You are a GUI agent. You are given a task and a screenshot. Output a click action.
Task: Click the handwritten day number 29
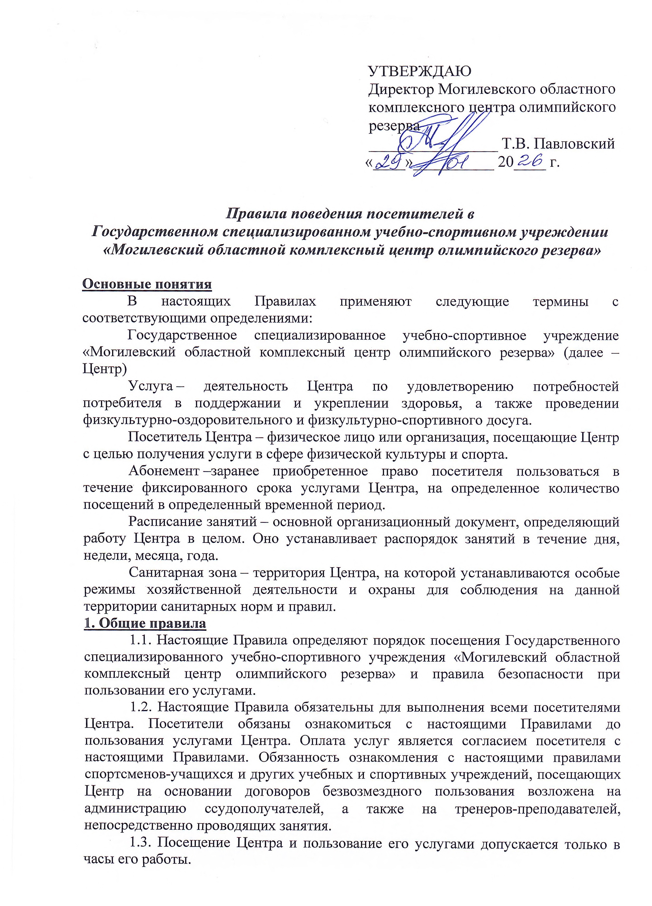pyautogui.click(x=388, y=162)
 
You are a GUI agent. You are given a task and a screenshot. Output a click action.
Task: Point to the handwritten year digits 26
pyautogui.click(x=529, y=161)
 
